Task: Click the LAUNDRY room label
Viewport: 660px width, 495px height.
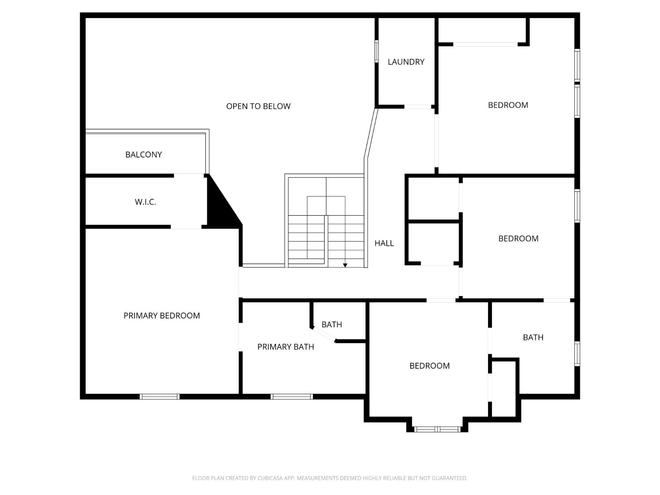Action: tap(406, 62)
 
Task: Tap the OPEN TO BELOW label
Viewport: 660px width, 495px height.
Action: tap(258, 106)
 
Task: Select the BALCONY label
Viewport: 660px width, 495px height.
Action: tap(143, 154)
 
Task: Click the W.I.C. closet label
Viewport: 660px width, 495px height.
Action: tap(145, 202)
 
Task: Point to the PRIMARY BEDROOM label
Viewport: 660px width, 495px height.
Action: tap(161, 315)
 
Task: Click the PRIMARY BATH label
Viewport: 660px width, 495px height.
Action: tap(286, 347)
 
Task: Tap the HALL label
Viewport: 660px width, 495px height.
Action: tap(384, 243)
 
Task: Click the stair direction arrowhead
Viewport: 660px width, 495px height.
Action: tap(345, 265)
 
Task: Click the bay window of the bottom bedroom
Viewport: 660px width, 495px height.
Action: tap(437, 429)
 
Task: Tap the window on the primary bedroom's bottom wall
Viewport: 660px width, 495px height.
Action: tap(159, 396)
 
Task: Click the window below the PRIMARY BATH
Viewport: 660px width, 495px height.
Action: tap(291, 396)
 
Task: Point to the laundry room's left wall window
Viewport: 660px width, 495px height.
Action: tap(377, 51)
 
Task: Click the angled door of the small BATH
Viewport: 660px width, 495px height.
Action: tap(323, 334)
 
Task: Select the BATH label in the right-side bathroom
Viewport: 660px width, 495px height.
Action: tap(533, 337)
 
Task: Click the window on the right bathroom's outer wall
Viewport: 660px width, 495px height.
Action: tap(577, 353)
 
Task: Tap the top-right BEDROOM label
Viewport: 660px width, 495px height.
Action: tap(508, 105)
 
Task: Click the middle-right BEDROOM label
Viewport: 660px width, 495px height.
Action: tap(518, 238)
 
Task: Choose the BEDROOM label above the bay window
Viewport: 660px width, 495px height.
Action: tap(429, 366)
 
